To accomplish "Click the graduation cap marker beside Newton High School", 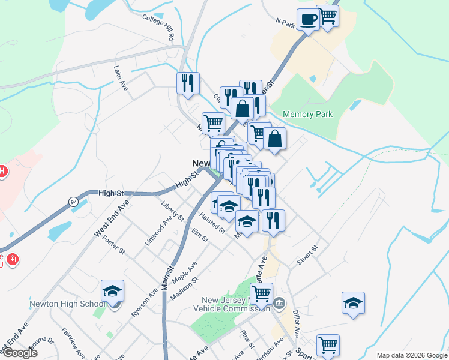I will tap(112, 292).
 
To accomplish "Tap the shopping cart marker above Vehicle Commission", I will tap(261, 294).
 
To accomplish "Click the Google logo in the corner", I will tap(19, 352).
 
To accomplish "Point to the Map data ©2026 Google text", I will tap(411, 355).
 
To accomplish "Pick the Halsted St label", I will tap(212, 223).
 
